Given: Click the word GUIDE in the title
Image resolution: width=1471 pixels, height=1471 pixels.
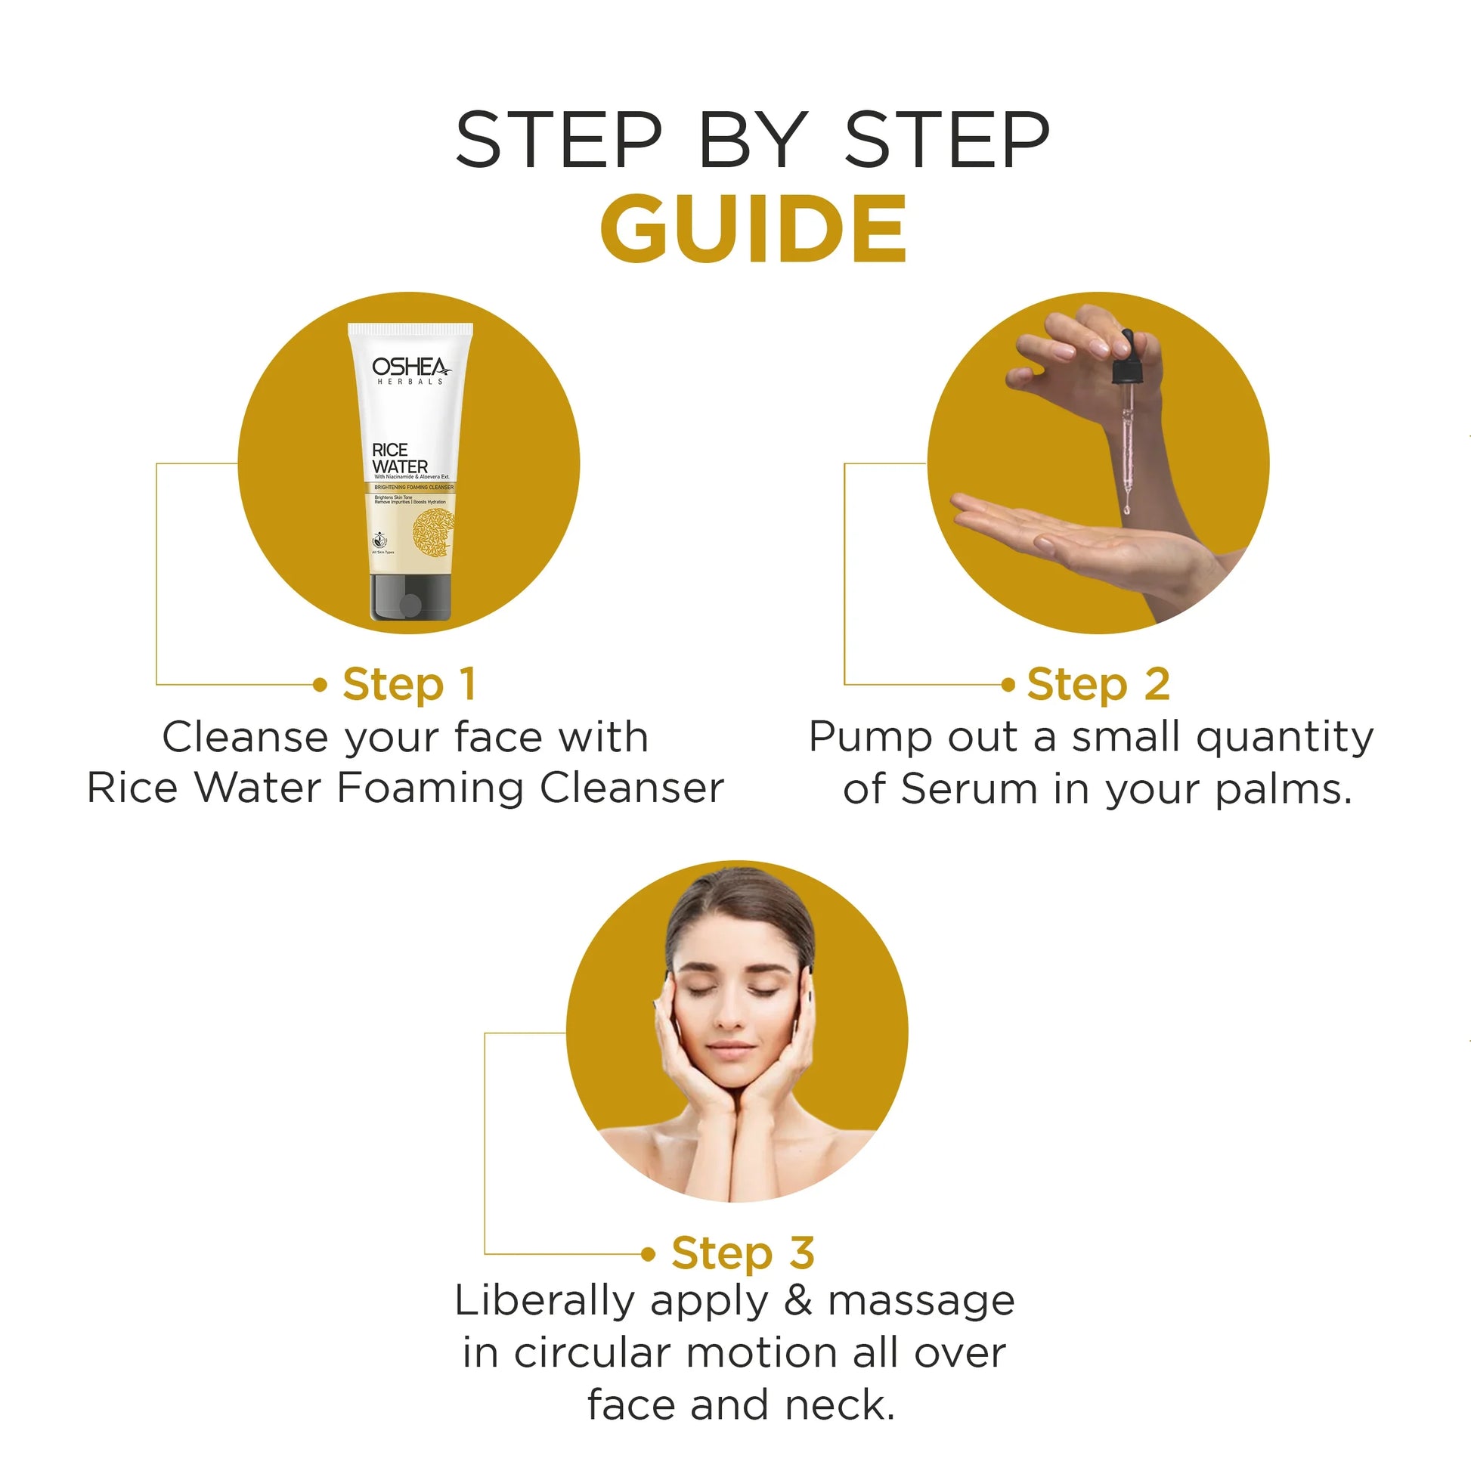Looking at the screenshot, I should click(753, 228).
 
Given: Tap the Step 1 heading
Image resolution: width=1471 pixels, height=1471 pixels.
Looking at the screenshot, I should click(410, 684).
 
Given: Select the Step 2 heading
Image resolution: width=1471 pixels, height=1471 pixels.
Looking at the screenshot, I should click(1097, 684).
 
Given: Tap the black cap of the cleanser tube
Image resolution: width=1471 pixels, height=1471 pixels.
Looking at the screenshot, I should click(410, 598).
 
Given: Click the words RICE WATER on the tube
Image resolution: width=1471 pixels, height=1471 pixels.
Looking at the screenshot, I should click(399, 458).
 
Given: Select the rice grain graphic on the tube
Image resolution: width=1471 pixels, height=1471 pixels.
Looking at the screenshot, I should click(432, 533).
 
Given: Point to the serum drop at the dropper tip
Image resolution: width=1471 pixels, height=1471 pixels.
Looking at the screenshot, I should click(1126, 508).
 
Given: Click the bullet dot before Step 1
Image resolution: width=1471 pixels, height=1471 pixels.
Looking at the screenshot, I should click(321, 686).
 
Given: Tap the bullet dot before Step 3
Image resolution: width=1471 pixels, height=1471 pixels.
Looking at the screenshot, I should click(648, 1254).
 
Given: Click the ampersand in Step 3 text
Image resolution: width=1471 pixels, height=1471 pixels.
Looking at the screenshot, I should click(797, 1299).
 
